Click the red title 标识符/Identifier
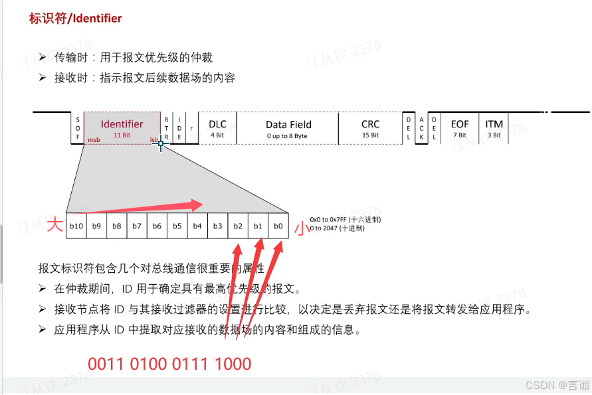75,19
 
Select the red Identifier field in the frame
122,128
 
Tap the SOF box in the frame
78,128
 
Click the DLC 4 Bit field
217,128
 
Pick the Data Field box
288,128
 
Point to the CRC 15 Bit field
370,128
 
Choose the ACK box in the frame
421,128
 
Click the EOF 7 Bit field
460,128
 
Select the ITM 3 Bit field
494,128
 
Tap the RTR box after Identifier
167,128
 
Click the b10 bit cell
76,226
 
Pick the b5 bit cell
177,226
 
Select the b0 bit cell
278,226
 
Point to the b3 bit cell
217,226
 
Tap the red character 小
301,228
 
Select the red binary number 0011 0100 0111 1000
169,364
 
